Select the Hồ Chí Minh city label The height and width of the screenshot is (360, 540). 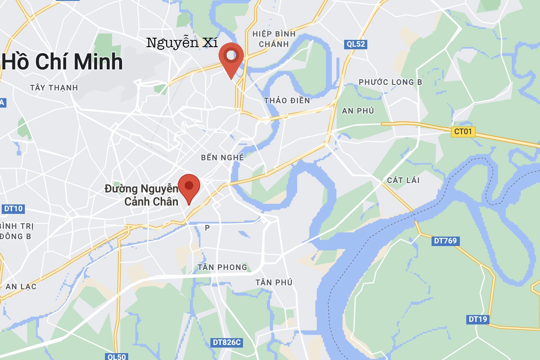tap(63, 62)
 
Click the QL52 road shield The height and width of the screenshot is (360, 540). tap(356, 44)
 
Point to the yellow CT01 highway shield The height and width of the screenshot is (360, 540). tap(463, 132)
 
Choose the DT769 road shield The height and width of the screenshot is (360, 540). tap(445, 241)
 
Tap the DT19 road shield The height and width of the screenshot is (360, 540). tap(477, 319)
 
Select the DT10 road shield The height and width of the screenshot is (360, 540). tap(13, 209)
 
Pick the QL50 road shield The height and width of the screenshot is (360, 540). tap(116, 357)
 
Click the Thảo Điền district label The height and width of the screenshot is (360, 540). tap(287, 101)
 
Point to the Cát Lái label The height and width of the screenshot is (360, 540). tap(403, 180)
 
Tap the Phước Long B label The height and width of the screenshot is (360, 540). tap(390, 82)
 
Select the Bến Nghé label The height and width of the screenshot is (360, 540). tap(222, 158)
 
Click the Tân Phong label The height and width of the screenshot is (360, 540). tap(222, 267)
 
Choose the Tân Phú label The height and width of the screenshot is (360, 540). tap(274, 282)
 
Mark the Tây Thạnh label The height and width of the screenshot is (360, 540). tap(54, 88)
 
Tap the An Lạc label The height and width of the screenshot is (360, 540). tap(21, 287)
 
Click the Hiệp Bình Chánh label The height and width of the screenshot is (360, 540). tap(274, 39)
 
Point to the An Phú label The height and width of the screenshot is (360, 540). tap(358, 111)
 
